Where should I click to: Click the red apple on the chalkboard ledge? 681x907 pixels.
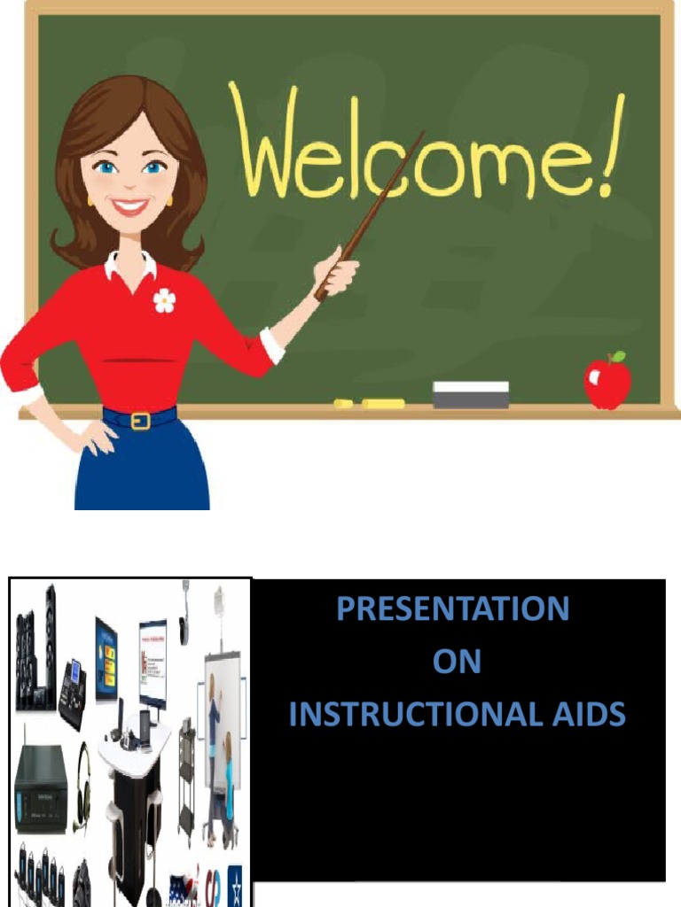(x=607, y=384)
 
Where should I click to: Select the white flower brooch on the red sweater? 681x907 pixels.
(x=164, y=300)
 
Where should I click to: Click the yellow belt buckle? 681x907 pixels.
(x=140, y=421)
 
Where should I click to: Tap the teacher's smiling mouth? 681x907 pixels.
(x=129, y=206)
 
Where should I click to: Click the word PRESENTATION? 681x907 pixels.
(x=452, y=609)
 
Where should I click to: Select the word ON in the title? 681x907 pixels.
(x=457, y=662)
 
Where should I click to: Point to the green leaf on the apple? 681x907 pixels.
(x=618, y=356)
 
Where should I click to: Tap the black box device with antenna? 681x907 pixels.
(x=40, y=788)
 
